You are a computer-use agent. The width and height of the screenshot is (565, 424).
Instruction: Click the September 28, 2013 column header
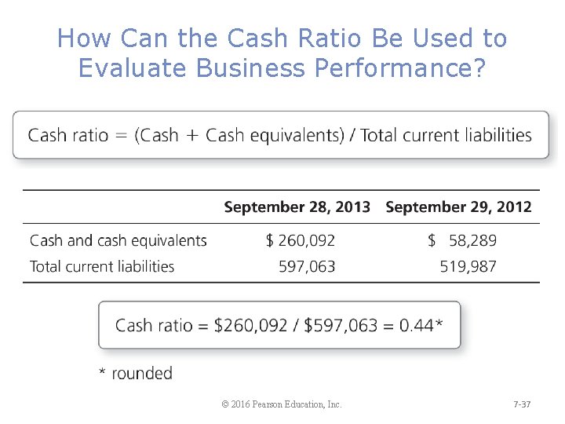(x=297, y=207)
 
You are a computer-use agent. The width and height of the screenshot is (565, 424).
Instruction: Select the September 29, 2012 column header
(x=458, y=207)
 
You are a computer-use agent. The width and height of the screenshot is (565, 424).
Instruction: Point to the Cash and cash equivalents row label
(x=118, y=240)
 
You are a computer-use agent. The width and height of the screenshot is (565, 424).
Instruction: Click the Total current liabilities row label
(x=102, y=266)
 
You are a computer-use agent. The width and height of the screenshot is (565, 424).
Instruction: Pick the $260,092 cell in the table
(x=301, y=240)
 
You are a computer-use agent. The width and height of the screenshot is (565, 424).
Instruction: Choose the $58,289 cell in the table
(x=462, y=240)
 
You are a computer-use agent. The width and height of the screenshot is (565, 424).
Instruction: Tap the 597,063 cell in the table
(x=307, y=266)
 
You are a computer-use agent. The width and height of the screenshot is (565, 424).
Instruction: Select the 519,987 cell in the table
(x=468, y=266)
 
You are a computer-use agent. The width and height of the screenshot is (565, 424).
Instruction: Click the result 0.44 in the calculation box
(x=417, y=325)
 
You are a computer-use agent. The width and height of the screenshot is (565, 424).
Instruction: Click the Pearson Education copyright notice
(x=282, y=404)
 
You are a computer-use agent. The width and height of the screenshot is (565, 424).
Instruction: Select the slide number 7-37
(x=522, y=404)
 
